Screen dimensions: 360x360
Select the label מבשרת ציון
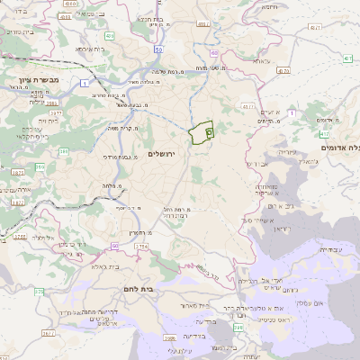point(36,79)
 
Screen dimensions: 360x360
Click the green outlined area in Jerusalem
point(202,131)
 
